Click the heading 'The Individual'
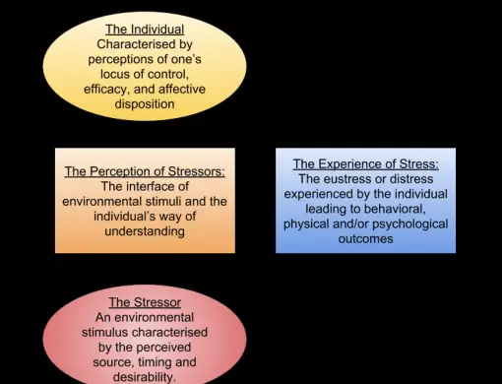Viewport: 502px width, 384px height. click(x=144, y=29)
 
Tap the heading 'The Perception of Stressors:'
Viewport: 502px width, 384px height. click(x=145, y=171)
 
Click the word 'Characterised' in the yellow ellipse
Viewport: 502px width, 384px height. click(x=144, y=43)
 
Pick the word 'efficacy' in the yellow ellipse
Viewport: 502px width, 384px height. click(x=108, y=88)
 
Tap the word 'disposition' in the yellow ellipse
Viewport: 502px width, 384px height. click(x=144, y=102)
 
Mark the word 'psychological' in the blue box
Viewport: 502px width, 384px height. click(x=408, y=224)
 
